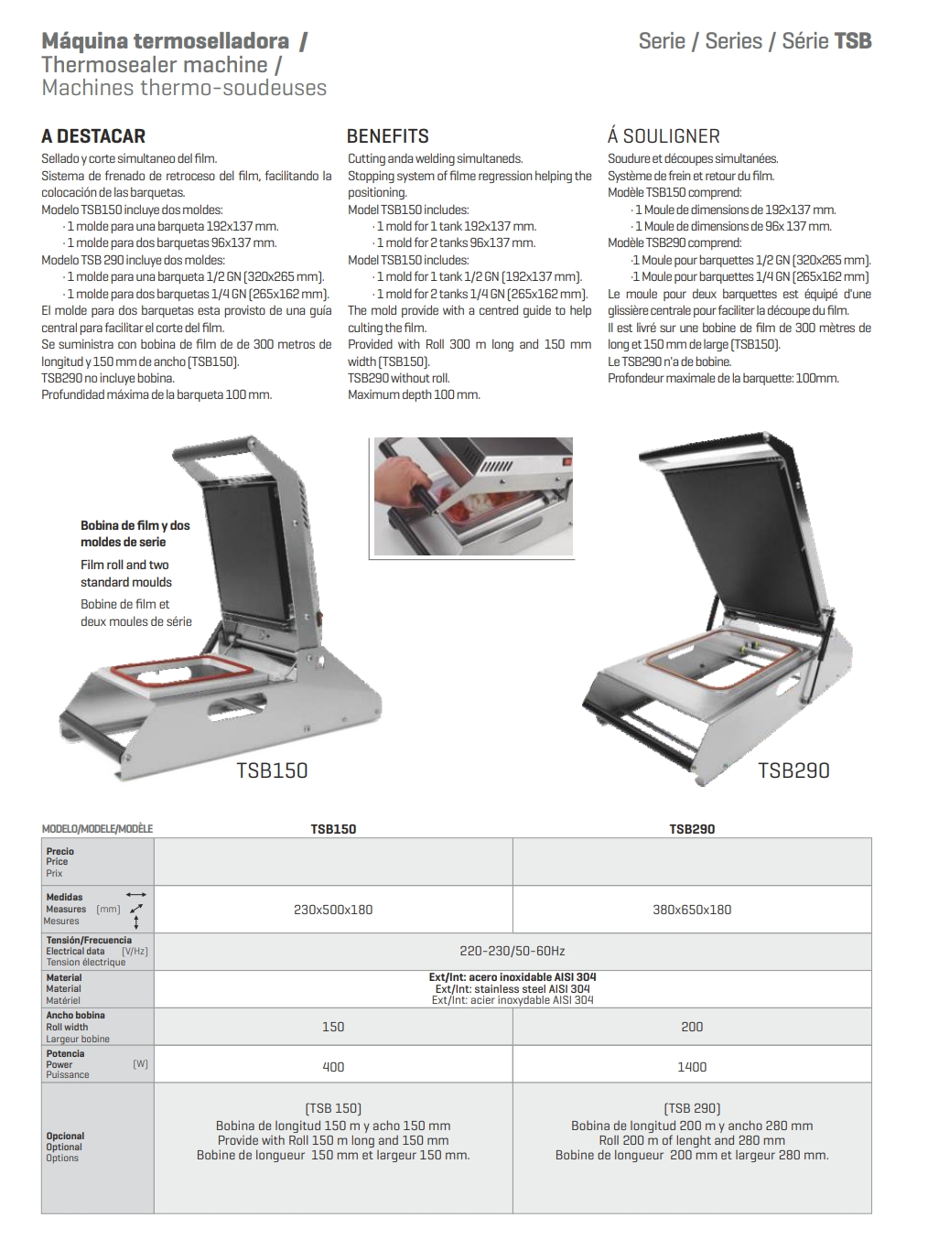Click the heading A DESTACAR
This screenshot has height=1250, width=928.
pos(93,135)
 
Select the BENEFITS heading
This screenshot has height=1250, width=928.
pos(388,135)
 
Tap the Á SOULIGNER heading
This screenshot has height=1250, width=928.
pos(664,135)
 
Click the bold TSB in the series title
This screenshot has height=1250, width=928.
pos(852,41)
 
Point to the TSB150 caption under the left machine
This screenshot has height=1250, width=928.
pos(272,770)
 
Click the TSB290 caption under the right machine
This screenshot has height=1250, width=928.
pos(793,770)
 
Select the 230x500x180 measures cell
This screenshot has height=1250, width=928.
pos(333,910)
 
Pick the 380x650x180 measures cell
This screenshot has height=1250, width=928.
pos(692,910)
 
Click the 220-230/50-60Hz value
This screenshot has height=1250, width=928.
pos(512,952)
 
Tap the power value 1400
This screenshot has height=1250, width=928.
pos(692,1067)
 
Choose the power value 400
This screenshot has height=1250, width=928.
pos(333,1067)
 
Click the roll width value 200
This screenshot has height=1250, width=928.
pos(692,1027)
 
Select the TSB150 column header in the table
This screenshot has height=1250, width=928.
pos(333,829)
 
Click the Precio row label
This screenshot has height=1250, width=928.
pos(59,851)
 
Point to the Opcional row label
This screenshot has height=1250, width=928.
pos(65,1136)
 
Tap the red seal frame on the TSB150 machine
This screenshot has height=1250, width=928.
pos(181,669)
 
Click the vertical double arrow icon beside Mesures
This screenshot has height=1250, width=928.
pos(135,922)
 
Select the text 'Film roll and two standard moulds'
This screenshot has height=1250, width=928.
pos(125,573)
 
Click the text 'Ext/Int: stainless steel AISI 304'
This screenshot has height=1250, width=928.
pos(513,988)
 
